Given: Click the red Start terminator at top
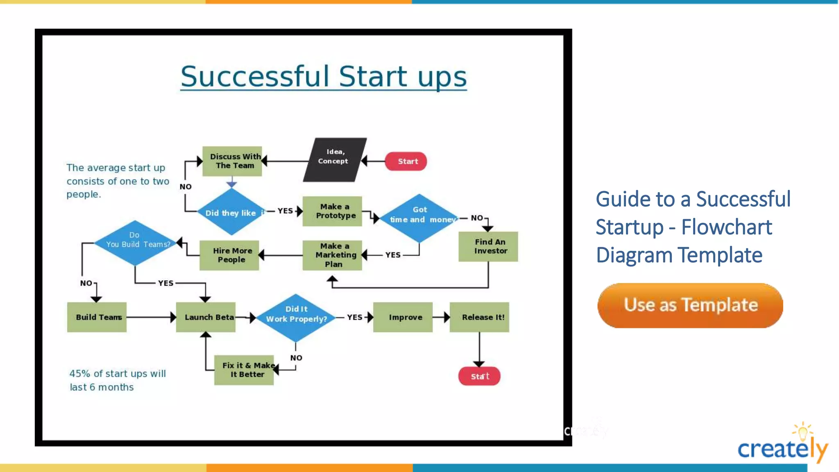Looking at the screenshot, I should [406, 161].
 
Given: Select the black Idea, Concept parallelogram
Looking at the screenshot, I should [334, 160].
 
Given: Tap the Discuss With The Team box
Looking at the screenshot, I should [232, 161].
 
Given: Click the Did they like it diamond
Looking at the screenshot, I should [232, 212].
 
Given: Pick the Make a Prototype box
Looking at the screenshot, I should [332, 211].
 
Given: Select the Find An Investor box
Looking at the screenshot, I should [488, 247].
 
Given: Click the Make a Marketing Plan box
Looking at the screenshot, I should [332, 255].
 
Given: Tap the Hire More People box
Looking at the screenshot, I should [229, 255].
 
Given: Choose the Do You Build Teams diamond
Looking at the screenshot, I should [135, 243].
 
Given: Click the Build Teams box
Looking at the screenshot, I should [97, 317].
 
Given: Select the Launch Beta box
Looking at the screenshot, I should [206, 317].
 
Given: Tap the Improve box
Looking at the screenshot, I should [403, 317].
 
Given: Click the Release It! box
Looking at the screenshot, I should [480, 317].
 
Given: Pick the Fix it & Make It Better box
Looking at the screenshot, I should [244, 370].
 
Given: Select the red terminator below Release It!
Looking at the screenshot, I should [479, 376].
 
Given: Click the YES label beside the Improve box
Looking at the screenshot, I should [354, 317].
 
